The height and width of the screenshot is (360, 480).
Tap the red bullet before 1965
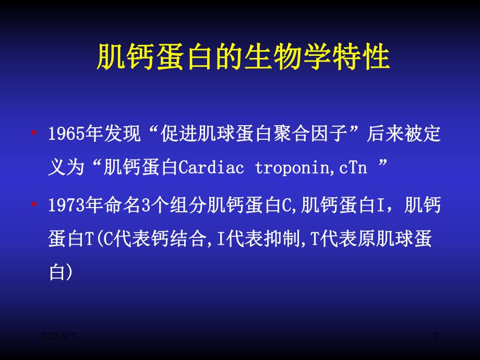pyautogui.click(x=34, y=134)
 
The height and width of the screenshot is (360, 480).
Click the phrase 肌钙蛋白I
pyautogui.click(x=343, y=206)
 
